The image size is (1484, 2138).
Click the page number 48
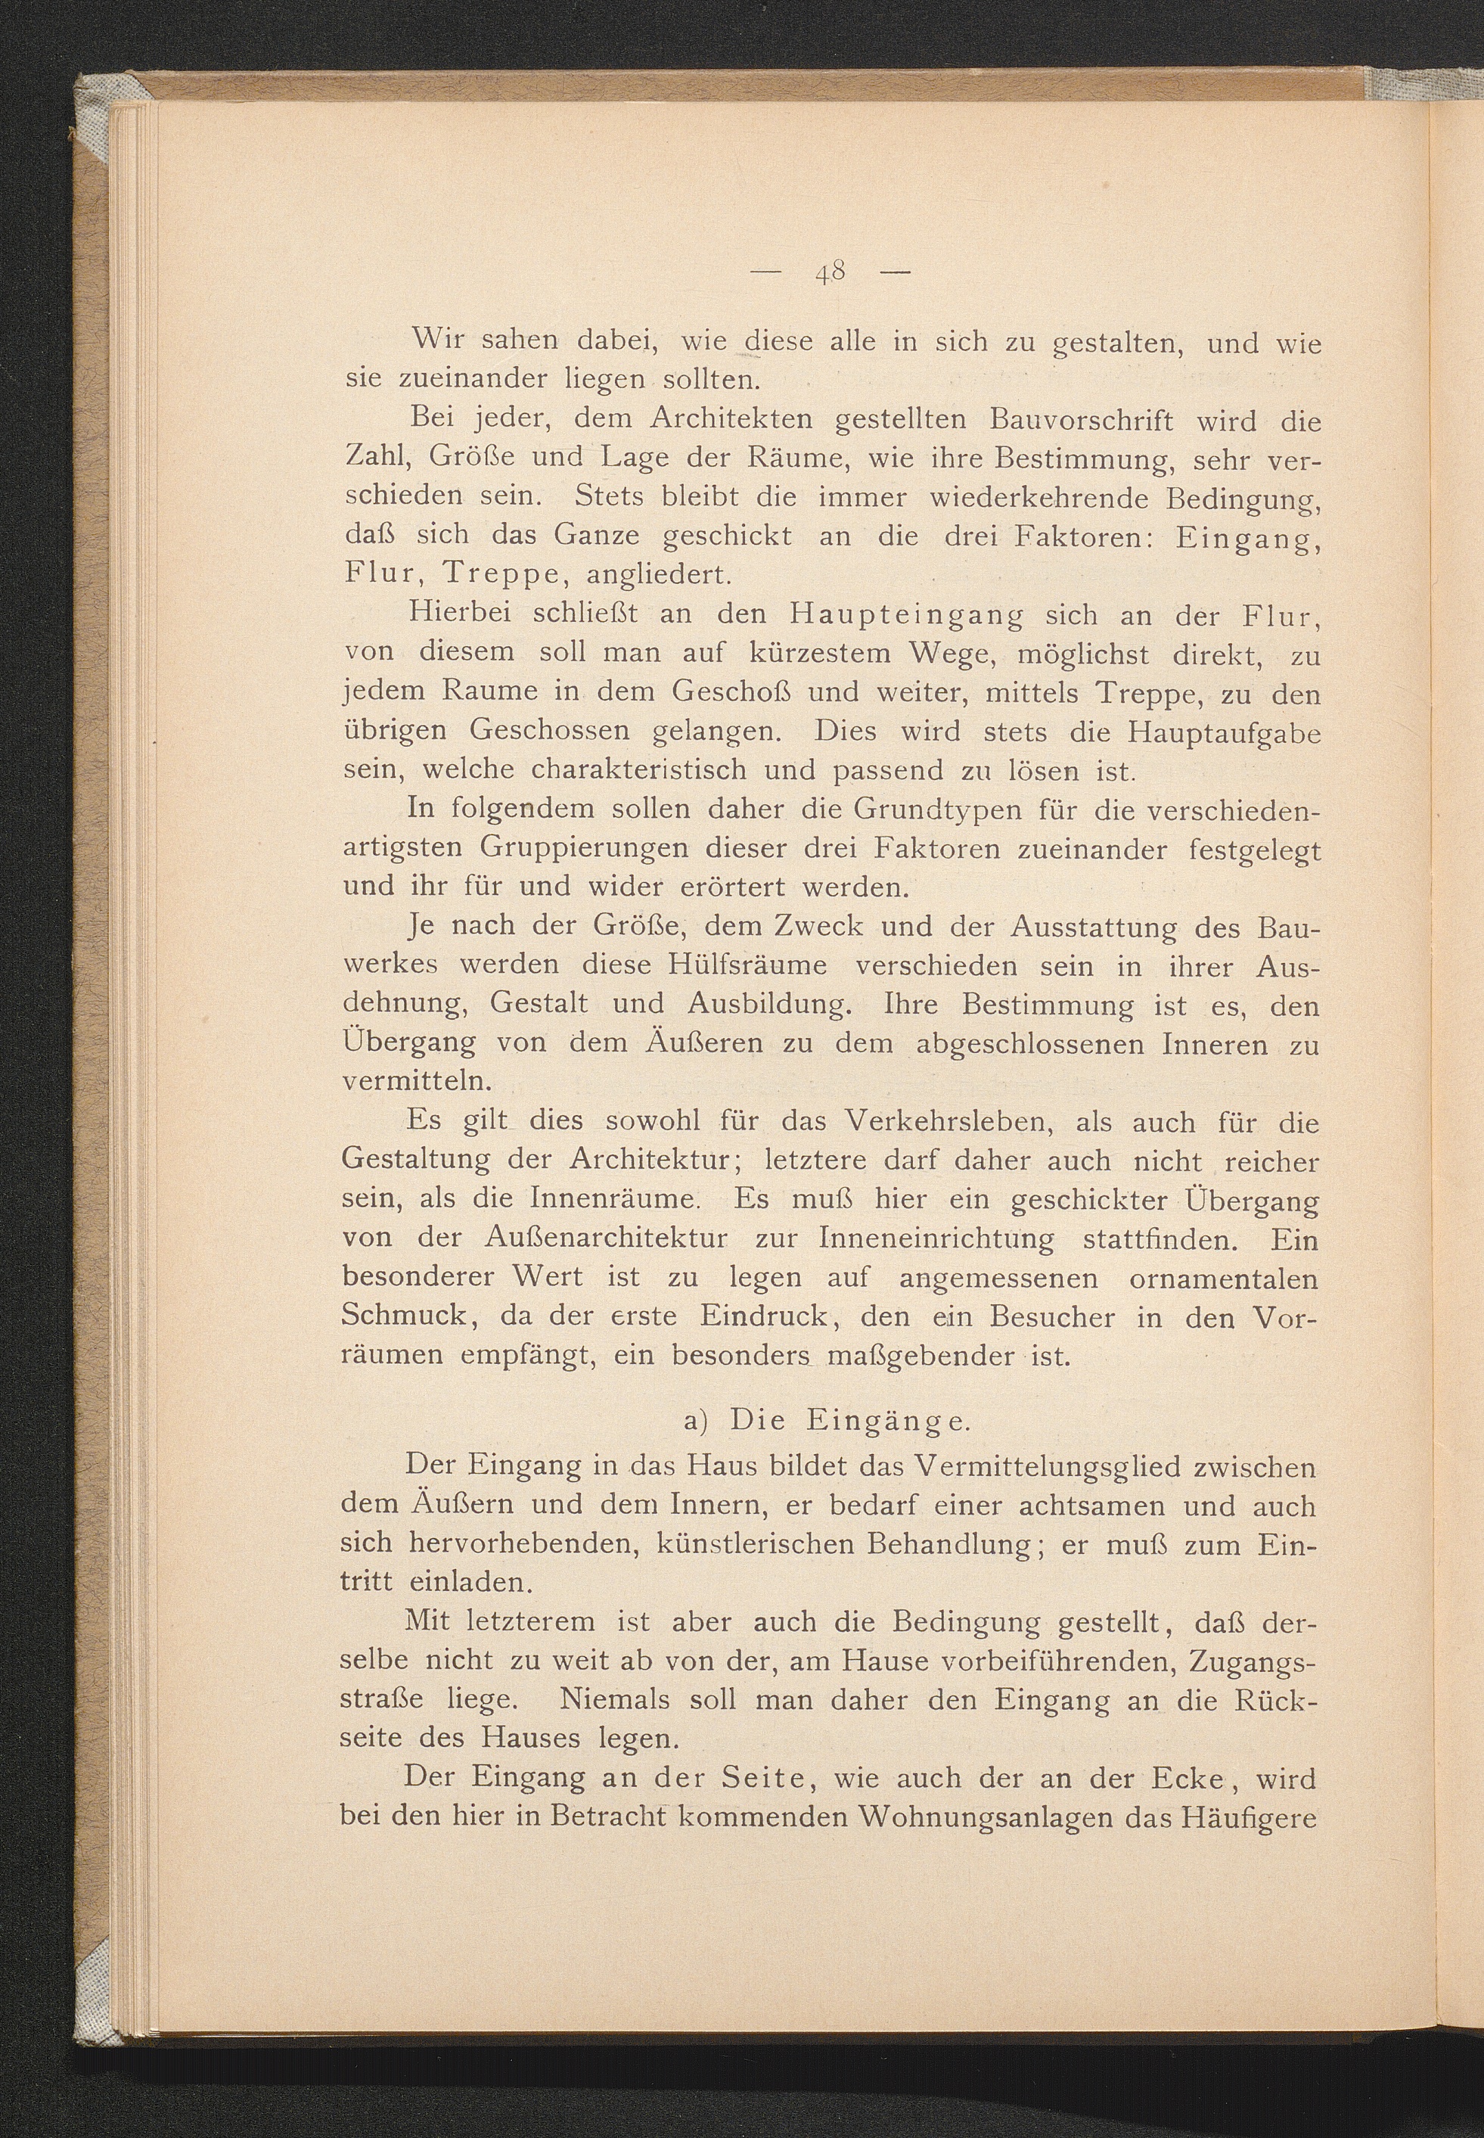click(830, 272)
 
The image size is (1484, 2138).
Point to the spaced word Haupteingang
click(907, 616)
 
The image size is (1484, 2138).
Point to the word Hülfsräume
click(747, 966)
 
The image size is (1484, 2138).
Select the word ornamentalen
click(1224, 1279)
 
